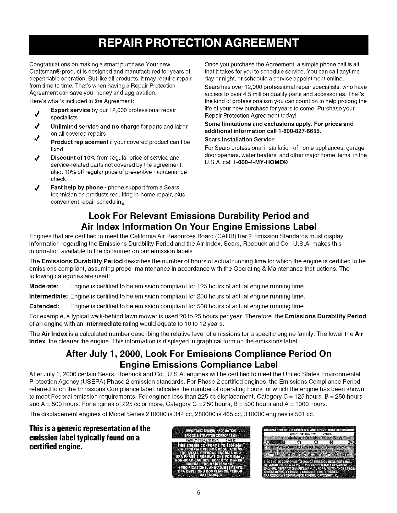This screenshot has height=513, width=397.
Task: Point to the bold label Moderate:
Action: (x=44, y=287)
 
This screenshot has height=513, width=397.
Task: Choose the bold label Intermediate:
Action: (x=48, y=296)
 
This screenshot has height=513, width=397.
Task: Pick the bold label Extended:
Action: (x=44, y=306)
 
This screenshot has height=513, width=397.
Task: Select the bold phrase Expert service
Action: (x=71, y=110)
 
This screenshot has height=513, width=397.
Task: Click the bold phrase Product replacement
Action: (x=79, y=142)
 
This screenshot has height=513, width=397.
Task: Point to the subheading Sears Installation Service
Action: (x=240, y=139)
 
